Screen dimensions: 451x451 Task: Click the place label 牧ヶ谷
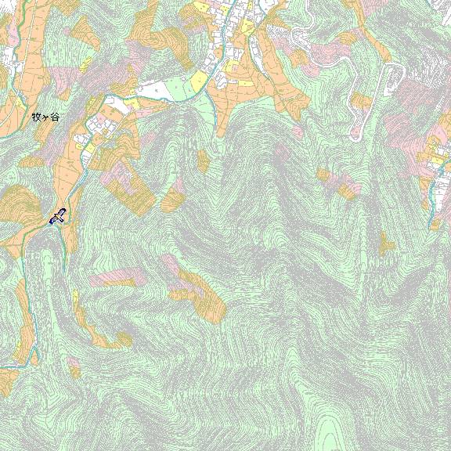point(45,117)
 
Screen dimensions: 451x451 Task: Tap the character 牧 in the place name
point(36,117)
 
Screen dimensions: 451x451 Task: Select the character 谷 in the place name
point(54,117)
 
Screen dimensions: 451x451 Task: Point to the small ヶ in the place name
point(45,117)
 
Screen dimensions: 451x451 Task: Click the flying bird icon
point(57,216)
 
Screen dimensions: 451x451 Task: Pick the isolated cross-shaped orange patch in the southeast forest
point(387,244)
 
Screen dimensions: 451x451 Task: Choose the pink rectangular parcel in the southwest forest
point(114,277)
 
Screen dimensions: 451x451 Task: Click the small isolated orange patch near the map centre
point(204,161)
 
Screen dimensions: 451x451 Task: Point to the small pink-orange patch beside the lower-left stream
point(73,365)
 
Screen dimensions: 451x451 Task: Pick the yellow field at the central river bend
point(199,81)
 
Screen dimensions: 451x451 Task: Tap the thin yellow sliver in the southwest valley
point(76,301)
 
